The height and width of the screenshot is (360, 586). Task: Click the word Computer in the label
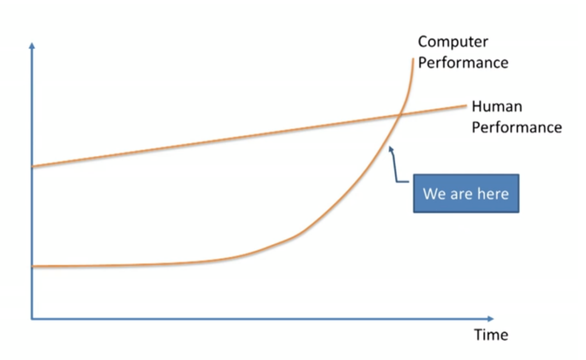pyautogui.click(x=453, y=42)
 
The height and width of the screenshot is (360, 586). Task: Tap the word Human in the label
pyautogui.click(x=497, y=106)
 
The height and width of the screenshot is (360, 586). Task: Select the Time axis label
pyautogui.click(x=490, y=334)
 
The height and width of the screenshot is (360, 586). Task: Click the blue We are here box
pyautogui.click(x=466, y=193)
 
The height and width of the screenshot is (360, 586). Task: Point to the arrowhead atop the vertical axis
pyautogui.click(x=32, y=45)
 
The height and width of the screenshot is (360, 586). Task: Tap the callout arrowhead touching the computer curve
pyautogui.click(x=390, y=149)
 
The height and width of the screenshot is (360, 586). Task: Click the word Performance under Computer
pyautogui.click(x=463, y=62)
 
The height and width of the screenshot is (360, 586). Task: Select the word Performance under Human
pyautogui.click(x=516, y=127)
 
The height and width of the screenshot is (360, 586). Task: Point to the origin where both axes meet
pyautogui.click(x=32, y=318)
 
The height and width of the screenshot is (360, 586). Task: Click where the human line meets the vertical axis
pyautogui.click(x=32, y=167)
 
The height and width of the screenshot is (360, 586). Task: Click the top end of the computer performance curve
pyautogui.click(x=413, y=58)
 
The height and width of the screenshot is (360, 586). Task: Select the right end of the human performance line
pyautogui.click(x=466, y=105)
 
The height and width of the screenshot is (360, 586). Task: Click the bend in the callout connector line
pyautogui.click(x=397, y=181)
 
